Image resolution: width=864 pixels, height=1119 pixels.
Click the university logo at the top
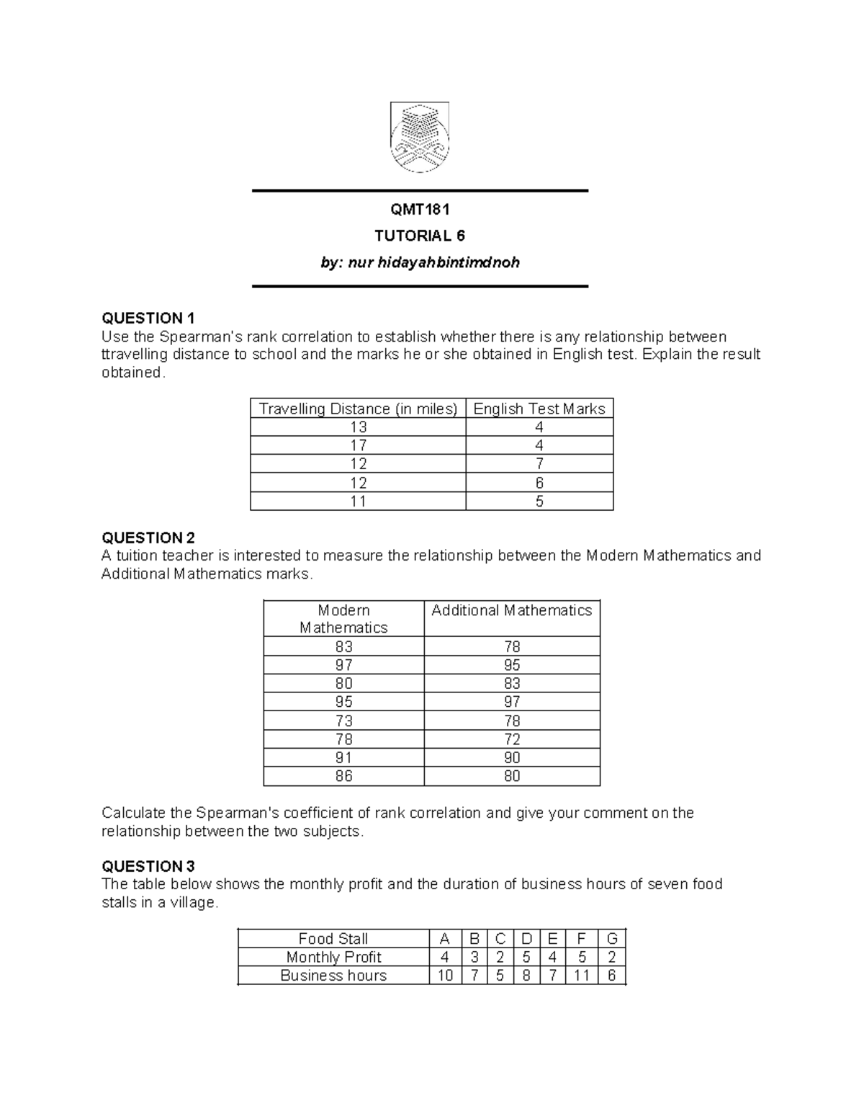click(420, 138)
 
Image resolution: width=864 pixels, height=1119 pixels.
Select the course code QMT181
click(420, 210)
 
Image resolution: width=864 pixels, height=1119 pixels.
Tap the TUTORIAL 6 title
click(420, 236)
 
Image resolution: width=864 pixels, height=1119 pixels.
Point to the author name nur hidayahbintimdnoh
click(420, 262)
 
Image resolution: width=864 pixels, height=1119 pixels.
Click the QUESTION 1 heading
click(148, 318)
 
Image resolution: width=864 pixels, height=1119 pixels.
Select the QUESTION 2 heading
click(148, 538)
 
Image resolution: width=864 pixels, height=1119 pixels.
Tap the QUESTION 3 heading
click(148, 866)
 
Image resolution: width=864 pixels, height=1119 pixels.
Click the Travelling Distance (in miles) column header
click(358, 409)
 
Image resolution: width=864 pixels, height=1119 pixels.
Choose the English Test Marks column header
click(539, 409)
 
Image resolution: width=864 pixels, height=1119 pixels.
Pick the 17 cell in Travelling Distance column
click(358, 445)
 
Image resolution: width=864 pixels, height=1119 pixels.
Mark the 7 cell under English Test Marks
click(539, 464)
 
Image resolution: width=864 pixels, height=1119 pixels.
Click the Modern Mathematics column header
click(343, 619)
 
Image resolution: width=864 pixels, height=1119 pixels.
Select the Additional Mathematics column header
click(511, 610)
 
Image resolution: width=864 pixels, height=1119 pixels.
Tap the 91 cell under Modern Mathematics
click(343, 757)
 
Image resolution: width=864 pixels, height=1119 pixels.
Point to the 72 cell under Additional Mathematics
click(512, 739)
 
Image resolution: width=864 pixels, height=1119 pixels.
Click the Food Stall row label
click(333, 939)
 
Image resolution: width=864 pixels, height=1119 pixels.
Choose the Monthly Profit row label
click(333, 957)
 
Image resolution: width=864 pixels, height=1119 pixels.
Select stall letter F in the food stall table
click(582, 939)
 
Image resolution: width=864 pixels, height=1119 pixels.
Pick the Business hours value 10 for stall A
click(445, 976)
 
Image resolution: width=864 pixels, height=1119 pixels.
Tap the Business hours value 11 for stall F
click(582, 976)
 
